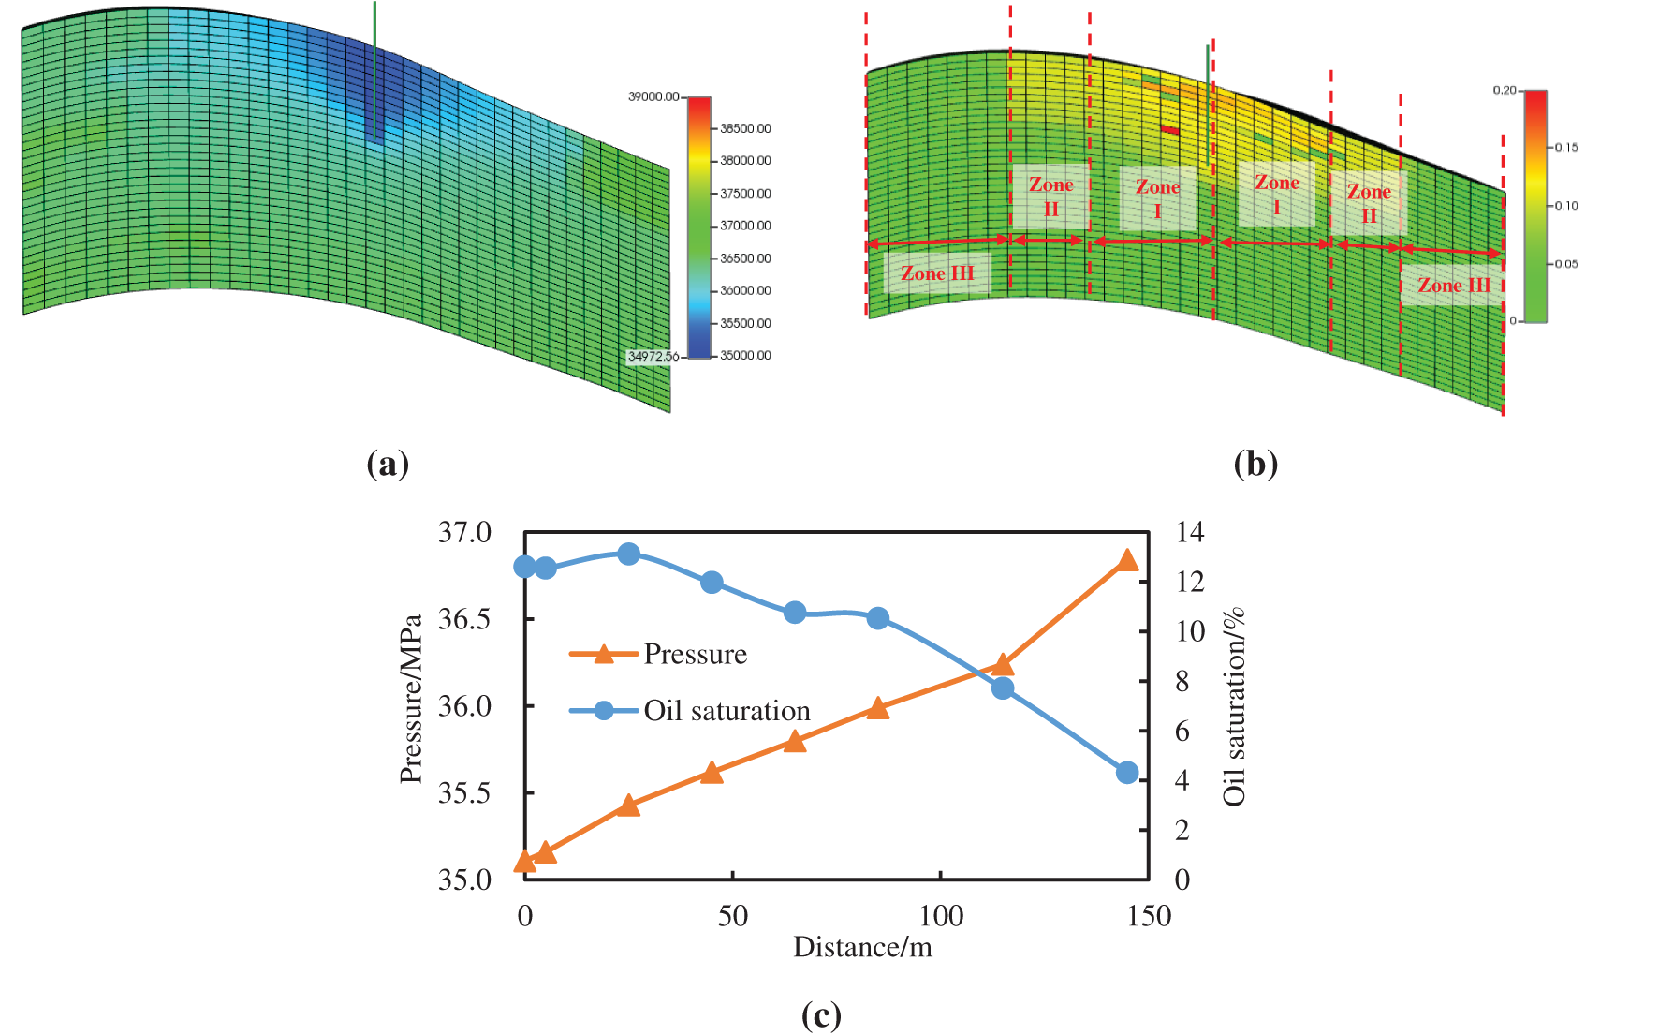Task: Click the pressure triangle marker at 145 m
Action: click(1127, 560)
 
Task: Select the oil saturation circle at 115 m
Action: click(1003, 688)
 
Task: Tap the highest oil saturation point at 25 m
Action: click(629, 554)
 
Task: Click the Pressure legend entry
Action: click(695, 654)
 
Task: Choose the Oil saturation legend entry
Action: click(727, 711)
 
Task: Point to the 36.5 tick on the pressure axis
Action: click(464, 619)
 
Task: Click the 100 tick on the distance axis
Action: click(941, 915)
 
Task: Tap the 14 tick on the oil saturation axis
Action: click(1189, 532)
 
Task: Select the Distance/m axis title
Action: click(862, 947)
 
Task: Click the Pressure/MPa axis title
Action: click(411, 699)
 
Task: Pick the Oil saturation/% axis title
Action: click(1234, 706)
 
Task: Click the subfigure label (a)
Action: click(388, 464)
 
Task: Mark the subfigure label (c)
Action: click(821, 1015)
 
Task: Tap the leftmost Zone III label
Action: click(937, 274)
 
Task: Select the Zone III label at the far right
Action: click(1453, 286)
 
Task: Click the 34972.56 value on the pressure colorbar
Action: click(653, 357)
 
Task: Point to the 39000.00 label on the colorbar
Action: click(653, 96)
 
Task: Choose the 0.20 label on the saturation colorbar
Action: click(1504, 91)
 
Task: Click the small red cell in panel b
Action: click(1169, 129)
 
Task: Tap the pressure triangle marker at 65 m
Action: click(795, 742)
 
